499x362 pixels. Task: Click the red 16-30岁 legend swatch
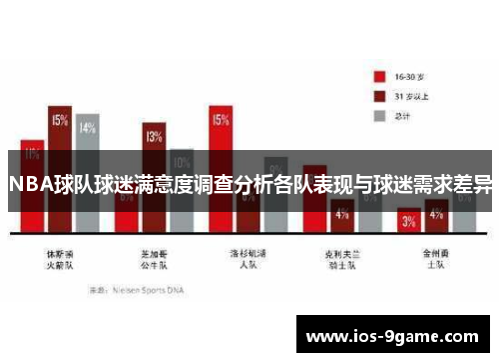pos(379,76)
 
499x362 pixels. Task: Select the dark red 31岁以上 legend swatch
pos(379,96)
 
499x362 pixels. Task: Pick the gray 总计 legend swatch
pos(379,115)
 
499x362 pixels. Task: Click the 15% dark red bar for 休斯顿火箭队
pos(60,140)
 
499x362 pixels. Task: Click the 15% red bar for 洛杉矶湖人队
pos(221,140)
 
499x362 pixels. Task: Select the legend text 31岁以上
pos(414,96)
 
